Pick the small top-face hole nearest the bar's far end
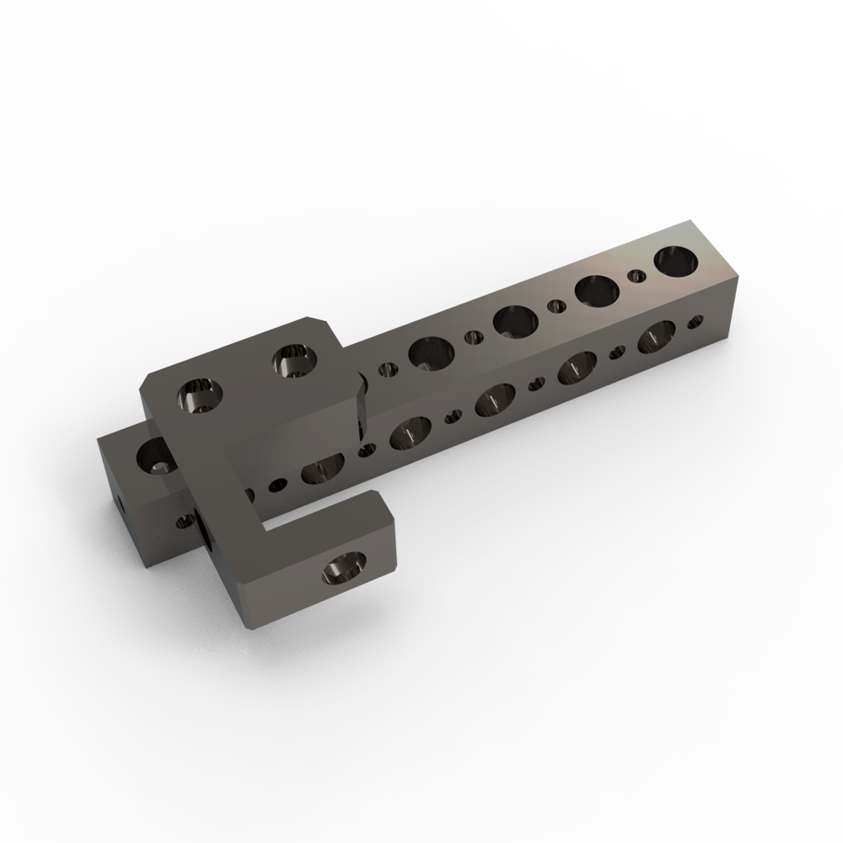pos(639,275)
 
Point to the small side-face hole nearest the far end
pos(695,321)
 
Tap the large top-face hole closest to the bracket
pos(430,352)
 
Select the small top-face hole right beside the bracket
pos(389,368)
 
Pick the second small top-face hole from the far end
pos(556,306)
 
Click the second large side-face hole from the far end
pos(577,367)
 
